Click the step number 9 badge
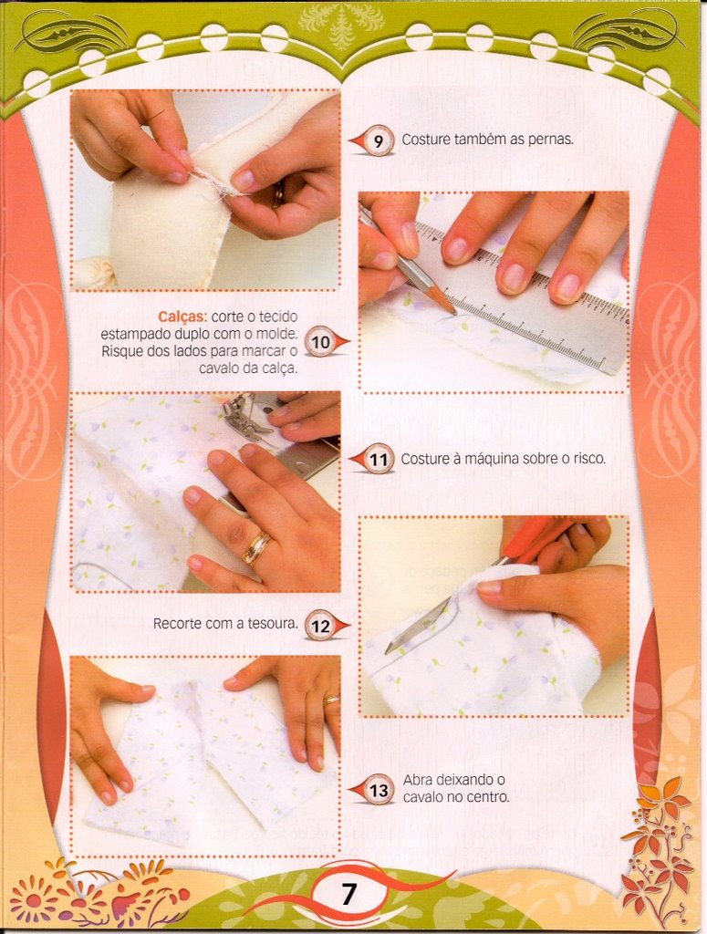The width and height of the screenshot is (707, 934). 378,141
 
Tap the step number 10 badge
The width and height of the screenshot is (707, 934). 320,343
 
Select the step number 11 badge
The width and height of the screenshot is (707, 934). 378,460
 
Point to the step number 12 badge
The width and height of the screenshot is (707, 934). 320,626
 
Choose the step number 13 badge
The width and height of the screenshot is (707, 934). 379,791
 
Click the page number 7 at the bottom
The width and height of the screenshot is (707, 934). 348,894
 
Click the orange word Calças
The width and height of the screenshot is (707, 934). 182,317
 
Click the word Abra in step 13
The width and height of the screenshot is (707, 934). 418,779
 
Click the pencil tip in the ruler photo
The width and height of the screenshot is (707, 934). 455,312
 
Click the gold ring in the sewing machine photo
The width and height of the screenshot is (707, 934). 256,548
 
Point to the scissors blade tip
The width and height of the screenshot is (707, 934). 388,650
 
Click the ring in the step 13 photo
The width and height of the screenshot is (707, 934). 331,700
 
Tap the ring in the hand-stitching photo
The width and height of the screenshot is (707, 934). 277,194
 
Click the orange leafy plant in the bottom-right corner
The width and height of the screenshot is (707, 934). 657,846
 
